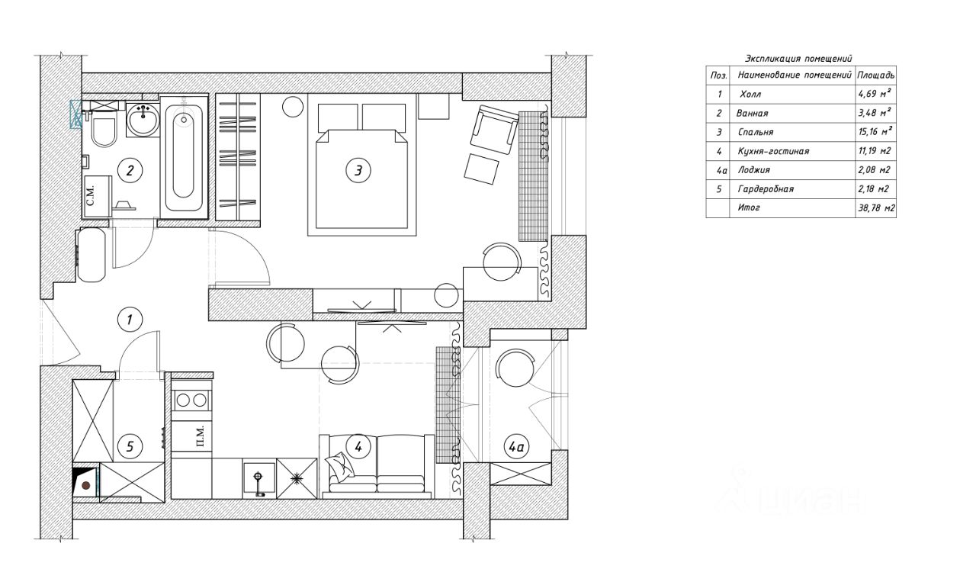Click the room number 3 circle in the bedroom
click(x=358, y=170)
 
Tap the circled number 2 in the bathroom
click(x=130, y=170)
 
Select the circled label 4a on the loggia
click(x=517, y=447)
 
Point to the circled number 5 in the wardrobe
click(x=130, y=447)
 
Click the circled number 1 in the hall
click(x=130, y=320)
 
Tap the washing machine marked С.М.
click(x=97, y=196)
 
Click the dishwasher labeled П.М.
click(x=191, y=436)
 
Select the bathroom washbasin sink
click(x=143, y=120)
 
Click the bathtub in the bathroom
click(x=184, y=157)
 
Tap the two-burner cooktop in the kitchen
click(x=191, y=400)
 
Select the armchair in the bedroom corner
click(x=494, y=129)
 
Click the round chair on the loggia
click(x=515, y=368)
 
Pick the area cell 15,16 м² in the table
click(x=875, y=132)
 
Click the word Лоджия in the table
click(x=754, y=170)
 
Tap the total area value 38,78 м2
click(x=876, y=208)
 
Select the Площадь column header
click(x=876, y=76)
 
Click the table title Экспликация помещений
click(x=798, y=59)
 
